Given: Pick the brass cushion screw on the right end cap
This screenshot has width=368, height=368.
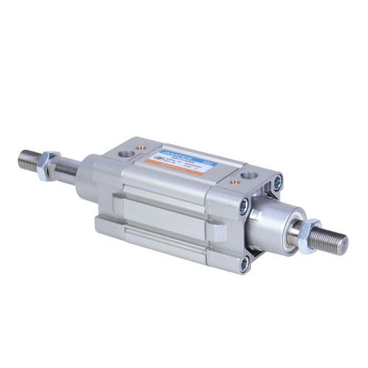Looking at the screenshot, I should (233, 181).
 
